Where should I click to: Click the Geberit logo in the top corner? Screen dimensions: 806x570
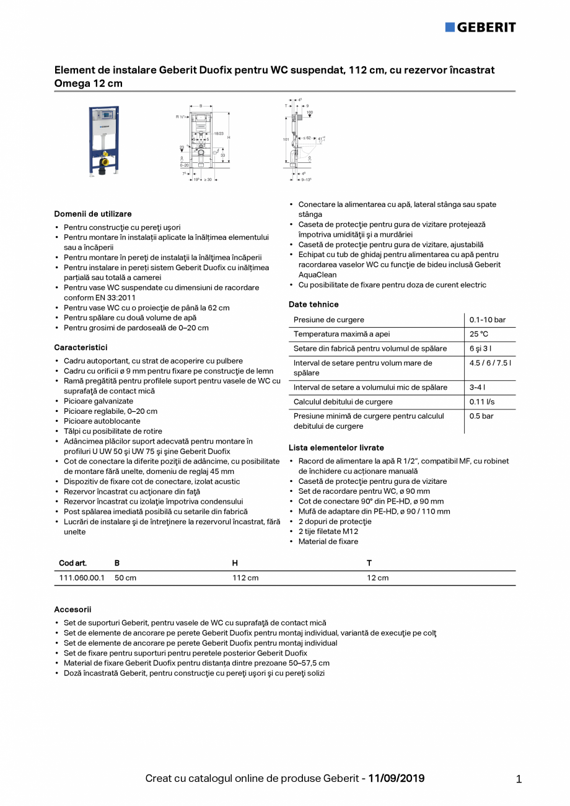tap(480, 27)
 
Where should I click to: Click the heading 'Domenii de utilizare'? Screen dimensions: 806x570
tap(93, 214)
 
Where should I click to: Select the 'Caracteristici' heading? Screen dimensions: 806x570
tap(81, 348)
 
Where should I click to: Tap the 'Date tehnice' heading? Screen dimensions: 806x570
tap(313, 304)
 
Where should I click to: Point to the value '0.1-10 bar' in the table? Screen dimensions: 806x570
tap(487, 320)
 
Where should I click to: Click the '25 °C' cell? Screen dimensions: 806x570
tap(479, 334)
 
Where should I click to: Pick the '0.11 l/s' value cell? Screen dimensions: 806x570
tap(482, 401)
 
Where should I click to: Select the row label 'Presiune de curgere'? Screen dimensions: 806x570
tap(329, 320)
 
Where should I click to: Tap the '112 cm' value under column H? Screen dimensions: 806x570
tap(245, 577)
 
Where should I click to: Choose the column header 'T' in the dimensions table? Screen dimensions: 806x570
tap(369, 563)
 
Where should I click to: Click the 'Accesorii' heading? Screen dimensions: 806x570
tap(72, 610)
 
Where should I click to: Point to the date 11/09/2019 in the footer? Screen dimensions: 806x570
tap(397, 778)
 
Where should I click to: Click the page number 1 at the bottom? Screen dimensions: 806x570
tap(519, 779)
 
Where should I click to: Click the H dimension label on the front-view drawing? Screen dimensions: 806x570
tap(228, 137)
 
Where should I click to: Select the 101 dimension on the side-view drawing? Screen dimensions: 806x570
tap(286, 139)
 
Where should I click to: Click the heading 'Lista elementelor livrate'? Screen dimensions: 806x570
tap(336, 447)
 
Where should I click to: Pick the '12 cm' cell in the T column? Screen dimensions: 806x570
tap(378, 577)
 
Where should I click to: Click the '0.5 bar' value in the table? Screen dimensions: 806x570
tap(481, 416)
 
